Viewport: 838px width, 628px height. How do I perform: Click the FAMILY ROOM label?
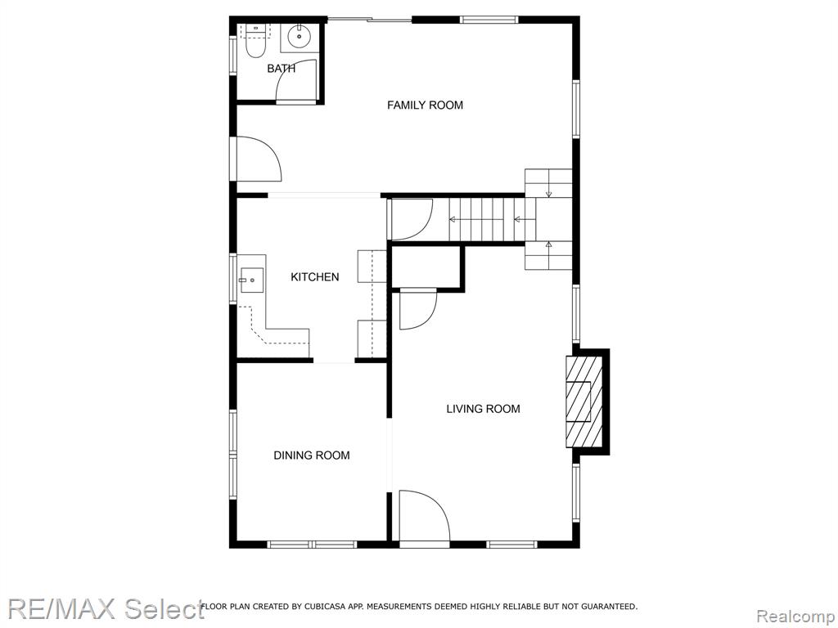[x=425, y=105]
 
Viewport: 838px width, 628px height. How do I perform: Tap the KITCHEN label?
[x=315, y=276]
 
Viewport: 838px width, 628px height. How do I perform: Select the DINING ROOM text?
[x=312, y=455]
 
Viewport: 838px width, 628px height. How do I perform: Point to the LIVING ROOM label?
[x=483, y=409]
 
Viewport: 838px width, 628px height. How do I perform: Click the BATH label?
[x=282, y=69]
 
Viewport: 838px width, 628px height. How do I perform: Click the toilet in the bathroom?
[x=256, y=42]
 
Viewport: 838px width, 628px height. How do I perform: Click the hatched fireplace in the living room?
[x=584, y=401]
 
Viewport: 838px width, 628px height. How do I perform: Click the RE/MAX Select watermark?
[x=106, y=608]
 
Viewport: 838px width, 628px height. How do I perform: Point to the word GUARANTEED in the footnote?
[x=609, y=607]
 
